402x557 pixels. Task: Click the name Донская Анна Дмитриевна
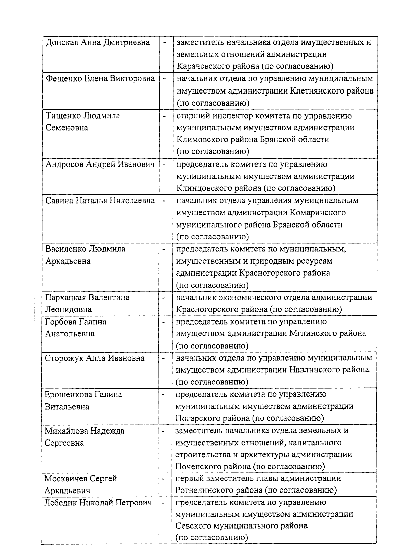coord(97,43)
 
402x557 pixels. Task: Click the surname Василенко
coord(66,249)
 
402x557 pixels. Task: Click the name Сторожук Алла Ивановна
coord(94,358)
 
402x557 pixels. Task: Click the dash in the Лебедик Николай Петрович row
coord(163,503)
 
